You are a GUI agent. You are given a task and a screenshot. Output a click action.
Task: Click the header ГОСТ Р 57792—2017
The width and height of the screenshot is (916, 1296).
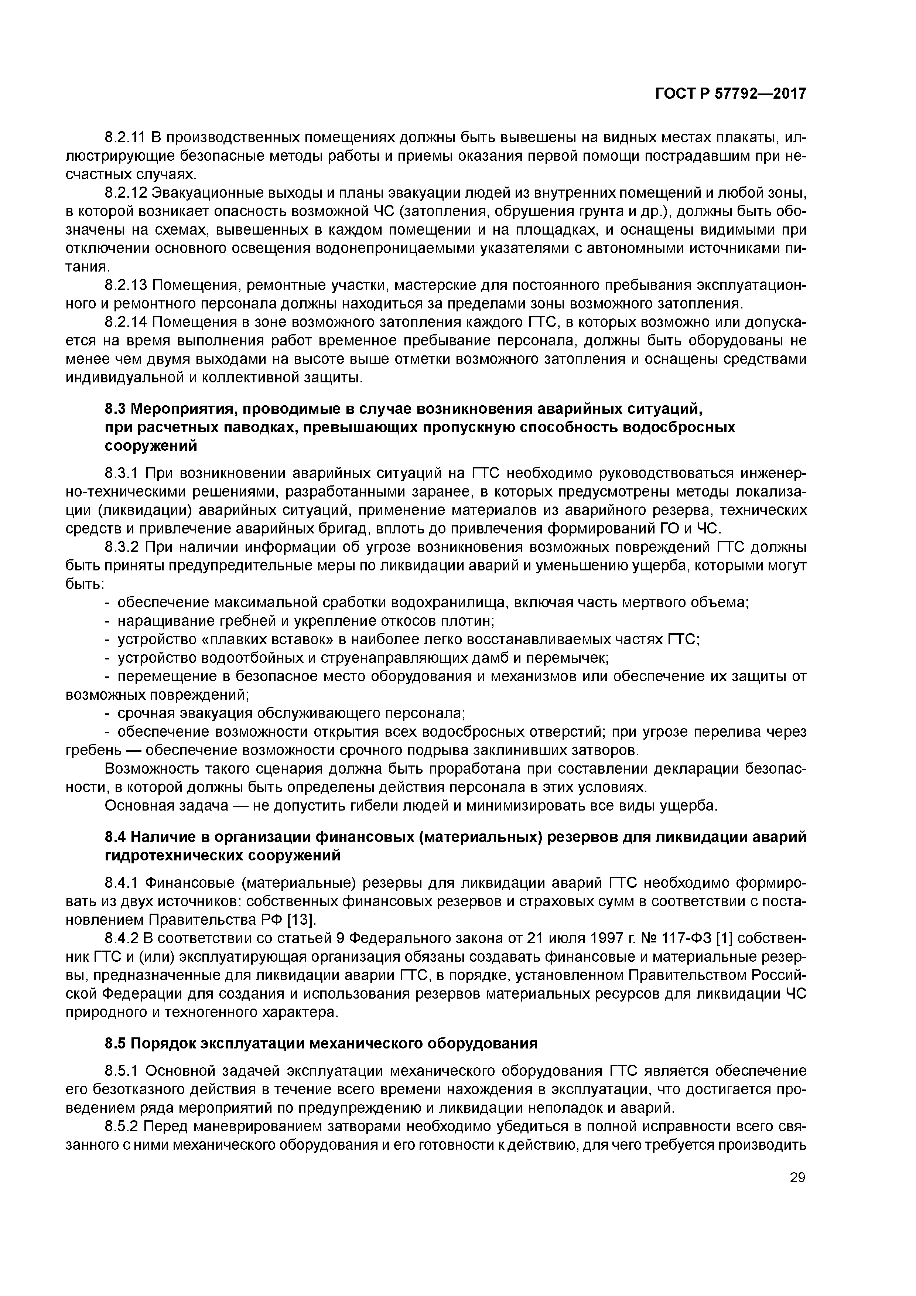click(x=731, y=94)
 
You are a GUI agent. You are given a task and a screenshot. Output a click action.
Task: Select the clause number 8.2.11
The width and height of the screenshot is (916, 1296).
click(x=125, y=137)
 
